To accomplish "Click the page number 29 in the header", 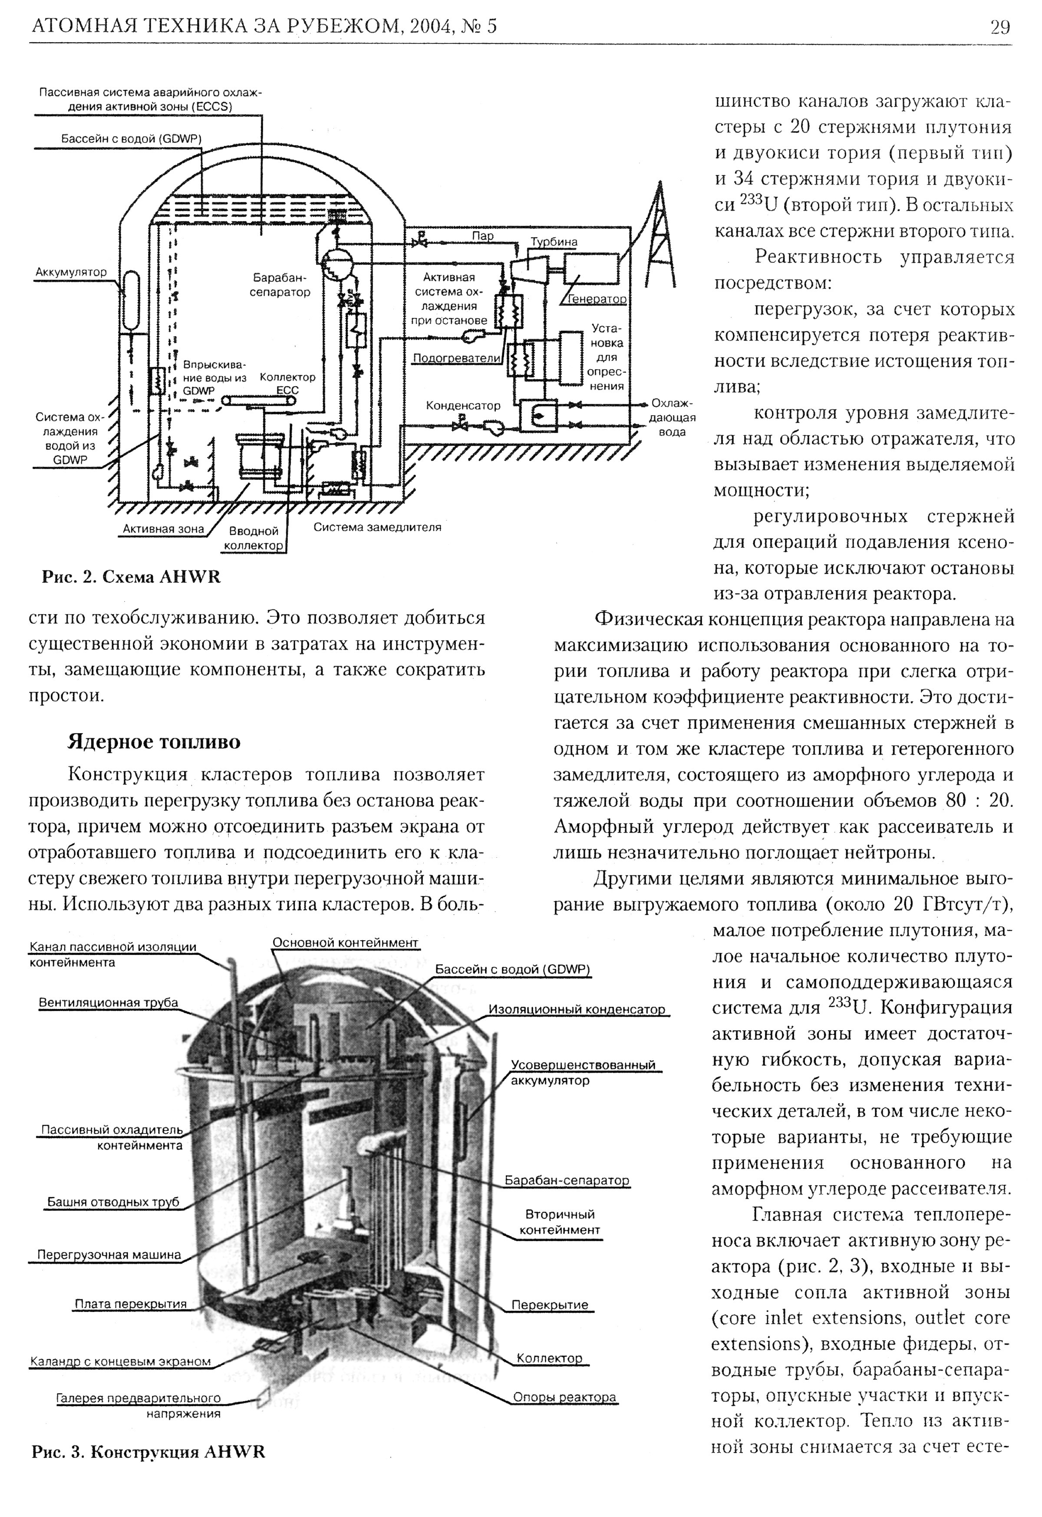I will click(999, 27).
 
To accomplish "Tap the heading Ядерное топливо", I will click(154, 742).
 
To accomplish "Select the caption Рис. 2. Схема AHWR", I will click(131, 577).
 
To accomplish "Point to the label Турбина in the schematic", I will click(554, 241).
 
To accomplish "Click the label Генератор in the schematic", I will click(597, 299).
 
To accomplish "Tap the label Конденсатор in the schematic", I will click(463, 406).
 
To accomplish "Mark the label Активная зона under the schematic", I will click(164, 529).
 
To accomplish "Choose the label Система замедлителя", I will click(377, 527).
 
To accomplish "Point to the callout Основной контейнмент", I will click(345, 943).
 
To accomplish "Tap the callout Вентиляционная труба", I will click(109, 1002).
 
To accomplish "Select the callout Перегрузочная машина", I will click(109, 1255).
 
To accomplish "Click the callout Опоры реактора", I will click(564, 1398).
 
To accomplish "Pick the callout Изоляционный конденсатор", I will click(577, 1009).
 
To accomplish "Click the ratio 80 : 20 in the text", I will click(979, 800).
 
